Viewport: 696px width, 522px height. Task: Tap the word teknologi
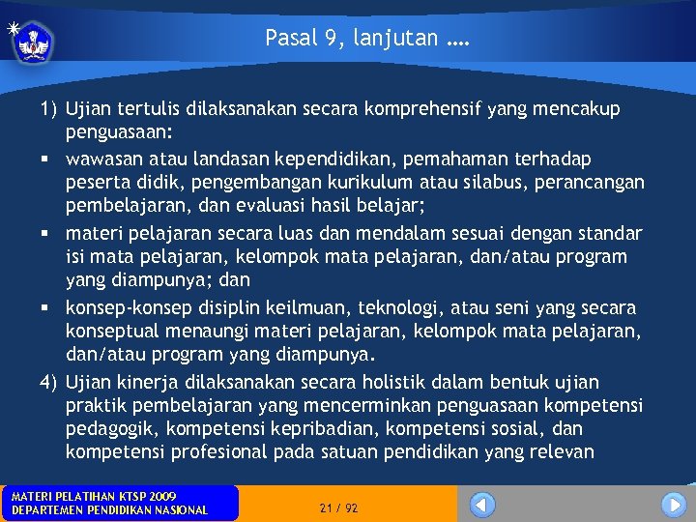[399, 307]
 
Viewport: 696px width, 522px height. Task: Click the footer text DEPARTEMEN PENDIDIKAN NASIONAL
[108, 510]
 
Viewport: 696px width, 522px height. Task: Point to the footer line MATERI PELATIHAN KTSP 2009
[94, 496]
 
